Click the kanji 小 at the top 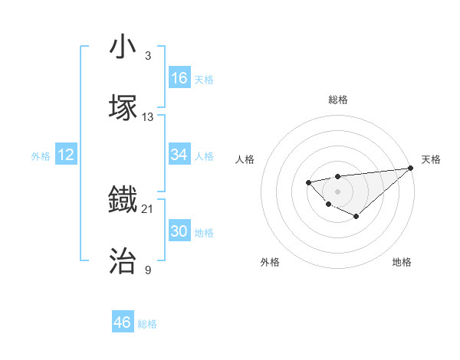tap(123, 48)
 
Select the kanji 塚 tap(123, 107)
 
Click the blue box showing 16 tap(179, 78)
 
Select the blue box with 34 tap(179, 155)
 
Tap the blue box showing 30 tap(179, 231)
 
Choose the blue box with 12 tap(66, 155)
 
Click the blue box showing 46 tap(123, 322)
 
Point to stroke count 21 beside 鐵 tap(148, 208)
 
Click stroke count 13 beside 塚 tap(148, 116)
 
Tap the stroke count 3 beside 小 tap(148, 56)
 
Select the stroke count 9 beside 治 tap(148, 270)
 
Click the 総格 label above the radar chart tap(337, 100)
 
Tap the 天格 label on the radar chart tap(431, 159)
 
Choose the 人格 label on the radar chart tap(245, 159)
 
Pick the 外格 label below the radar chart tap(270, 262)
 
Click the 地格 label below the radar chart tap(402, 262)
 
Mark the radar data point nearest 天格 tap(411, 168)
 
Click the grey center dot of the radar tap(337, 191)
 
